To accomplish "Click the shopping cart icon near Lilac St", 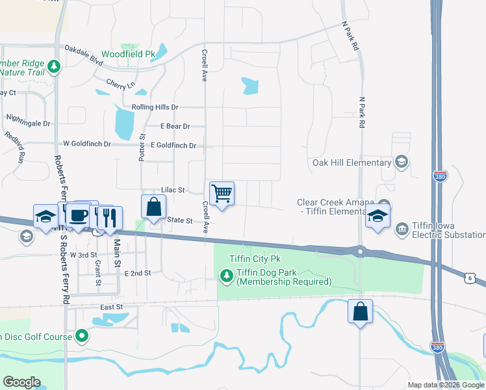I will [222, 193].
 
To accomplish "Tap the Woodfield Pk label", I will [129, 53].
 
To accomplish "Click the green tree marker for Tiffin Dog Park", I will [226, 277].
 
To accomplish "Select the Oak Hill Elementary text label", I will [351, 162].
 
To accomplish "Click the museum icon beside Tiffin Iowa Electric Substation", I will [401, 228].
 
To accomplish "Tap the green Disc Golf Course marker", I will [82, 336].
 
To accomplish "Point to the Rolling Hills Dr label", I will [155, 107].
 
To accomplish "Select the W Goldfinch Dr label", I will [87, 144].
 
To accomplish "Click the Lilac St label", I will [173, 190].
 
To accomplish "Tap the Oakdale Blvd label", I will [84, 54].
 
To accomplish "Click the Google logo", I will [21, 382].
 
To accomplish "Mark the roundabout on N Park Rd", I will [359, 250].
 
